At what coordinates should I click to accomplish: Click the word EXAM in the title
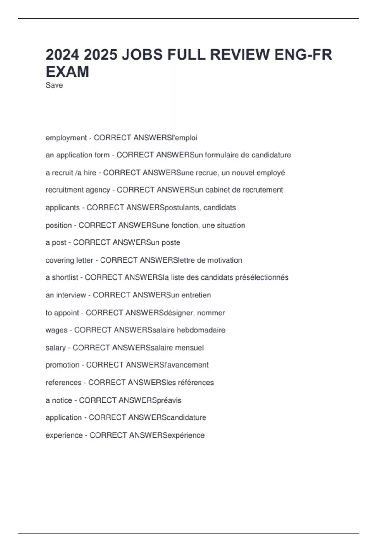(x=67, y=72)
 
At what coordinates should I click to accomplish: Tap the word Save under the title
(x=54, y=85)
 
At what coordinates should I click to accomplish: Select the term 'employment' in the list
(x=66, y=138)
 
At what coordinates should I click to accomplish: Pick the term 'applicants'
(x=63, y=208)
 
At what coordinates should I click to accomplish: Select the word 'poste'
(x=171, y=242)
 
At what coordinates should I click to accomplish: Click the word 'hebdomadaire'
(x=201, y=330)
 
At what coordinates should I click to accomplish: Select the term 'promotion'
(x=63, y=365)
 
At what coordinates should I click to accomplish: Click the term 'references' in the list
(x=63, y=383)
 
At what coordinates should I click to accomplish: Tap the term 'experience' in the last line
(x=64, y=435)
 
